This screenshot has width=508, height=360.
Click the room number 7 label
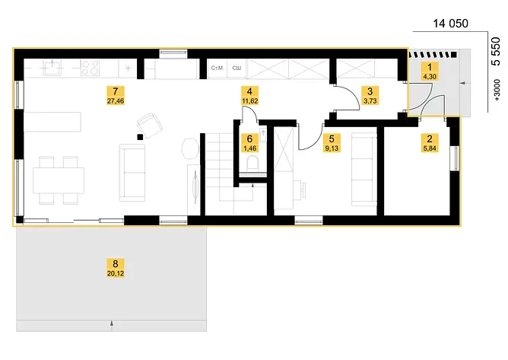pos(116,91)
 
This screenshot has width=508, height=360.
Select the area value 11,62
pos(249,101)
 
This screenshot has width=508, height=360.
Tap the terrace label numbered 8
pos(116,263)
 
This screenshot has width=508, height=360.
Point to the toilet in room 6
pos(252,163)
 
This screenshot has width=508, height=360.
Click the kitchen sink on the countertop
pos(52,68)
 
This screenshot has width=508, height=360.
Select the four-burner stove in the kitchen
pos(90,68)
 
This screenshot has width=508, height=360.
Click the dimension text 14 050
pos(450,24)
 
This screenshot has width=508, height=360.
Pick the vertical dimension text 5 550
pos(496,51)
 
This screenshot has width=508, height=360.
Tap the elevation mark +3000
pos(497,90)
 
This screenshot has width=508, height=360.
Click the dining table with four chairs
pos(59,180)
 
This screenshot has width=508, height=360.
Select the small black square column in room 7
pos(140,137)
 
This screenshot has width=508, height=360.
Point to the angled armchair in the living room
pos(149,126)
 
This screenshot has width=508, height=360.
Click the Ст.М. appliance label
pos(217,68)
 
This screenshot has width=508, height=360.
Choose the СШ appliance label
pos(237,68)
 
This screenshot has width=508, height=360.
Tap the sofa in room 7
pos(132,173)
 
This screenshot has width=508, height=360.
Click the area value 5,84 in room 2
pos(430,148)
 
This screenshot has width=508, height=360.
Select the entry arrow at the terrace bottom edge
pos(112,325)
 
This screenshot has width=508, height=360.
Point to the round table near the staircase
pos(190,149)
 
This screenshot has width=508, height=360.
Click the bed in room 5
pos(364,169)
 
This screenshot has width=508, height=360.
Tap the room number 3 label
pos(370,91)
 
